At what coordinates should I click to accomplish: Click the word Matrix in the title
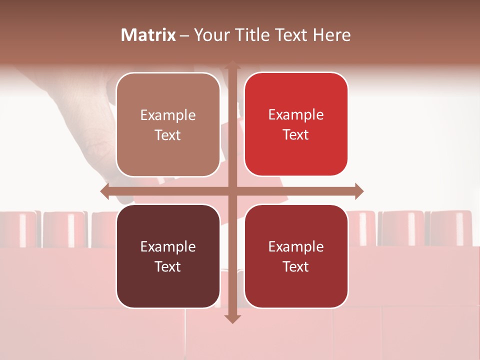pos(148,35)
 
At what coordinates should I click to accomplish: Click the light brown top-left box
pos(168,124)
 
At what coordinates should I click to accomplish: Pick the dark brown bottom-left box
pos(168,256)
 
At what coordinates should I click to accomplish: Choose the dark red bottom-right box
pos(296,256)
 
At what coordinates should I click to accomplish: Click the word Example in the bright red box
pos(296,115)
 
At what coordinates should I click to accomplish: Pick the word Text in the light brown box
pos(168,135)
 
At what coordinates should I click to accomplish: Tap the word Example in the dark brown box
pos(168,246)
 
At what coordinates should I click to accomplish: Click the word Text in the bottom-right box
pos(296,266)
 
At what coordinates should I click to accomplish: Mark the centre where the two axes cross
pos(232,191)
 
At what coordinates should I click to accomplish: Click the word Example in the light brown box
pos(168,115)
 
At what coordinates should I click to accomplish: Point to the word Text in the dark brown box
pos(168,266)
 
